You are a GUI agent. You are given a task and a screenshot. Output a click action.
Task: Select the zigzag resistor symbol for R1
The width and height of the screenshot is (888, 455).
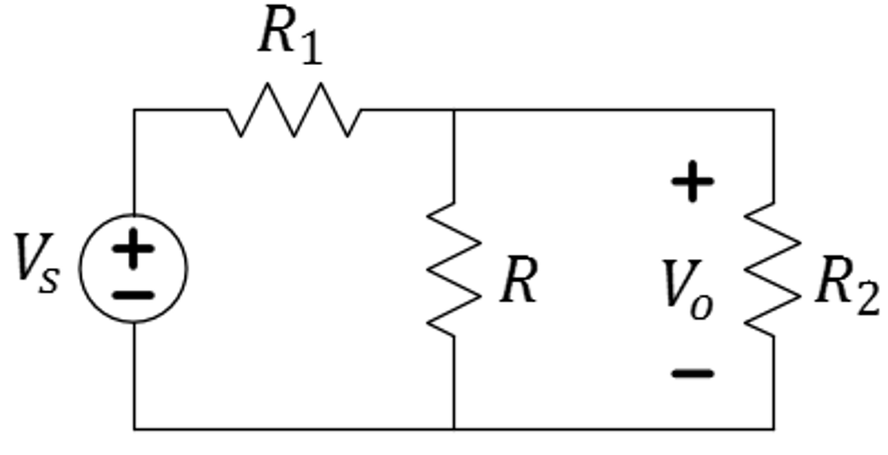click(295, 110)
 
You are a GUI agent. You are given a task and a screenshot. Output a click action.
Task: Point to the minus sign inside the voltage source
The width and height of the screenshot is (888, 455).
click(133, 295)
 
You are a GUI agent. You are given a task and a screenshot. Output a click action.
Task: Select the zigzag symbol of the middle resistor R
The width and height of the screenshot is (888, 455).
click(454, 269)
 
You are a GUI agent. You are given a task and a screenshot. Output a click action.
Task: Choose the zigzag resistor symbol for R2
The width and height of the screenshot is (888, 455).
click(773, 269)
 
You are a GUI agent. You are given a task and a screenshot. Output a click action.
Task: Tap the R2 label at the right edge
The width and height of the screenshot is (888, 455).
click(846, 289)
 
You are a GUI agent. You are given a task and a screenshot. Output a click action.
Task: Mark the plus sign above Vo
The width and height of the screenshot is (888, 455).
click(692, 184)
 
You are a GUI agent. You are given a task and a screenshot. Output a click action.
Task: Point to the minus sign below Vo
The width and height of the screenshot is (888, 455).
click(692, 374)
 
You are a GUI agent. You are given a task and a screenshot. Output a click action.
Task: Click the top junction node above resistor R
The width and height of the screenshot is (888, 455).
click(454, 110)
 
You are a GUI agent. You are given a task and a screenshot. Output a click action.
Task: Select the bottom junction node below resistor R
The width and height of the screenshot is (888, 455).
click(454, 428)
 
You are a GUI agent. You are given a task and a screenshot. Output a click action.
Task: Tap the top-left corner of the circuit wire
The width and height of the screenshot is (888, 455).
click(134, 110)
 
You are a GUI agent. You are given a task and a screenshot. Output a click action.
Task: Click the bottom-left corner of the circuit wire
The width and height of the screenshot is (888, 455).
click(134, 428)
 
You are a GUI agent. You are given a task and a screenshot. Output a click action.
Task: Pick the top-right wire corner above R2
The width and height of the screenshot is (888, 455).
click(773, 110)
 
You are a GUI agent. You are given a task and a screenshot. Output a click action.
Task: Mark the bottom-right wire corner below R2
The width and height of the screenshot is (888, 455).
click(773, 428)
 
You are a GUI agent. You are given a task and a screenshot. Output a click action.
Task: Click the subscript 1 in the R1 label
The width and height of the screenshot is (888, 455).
click(310, 50)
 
